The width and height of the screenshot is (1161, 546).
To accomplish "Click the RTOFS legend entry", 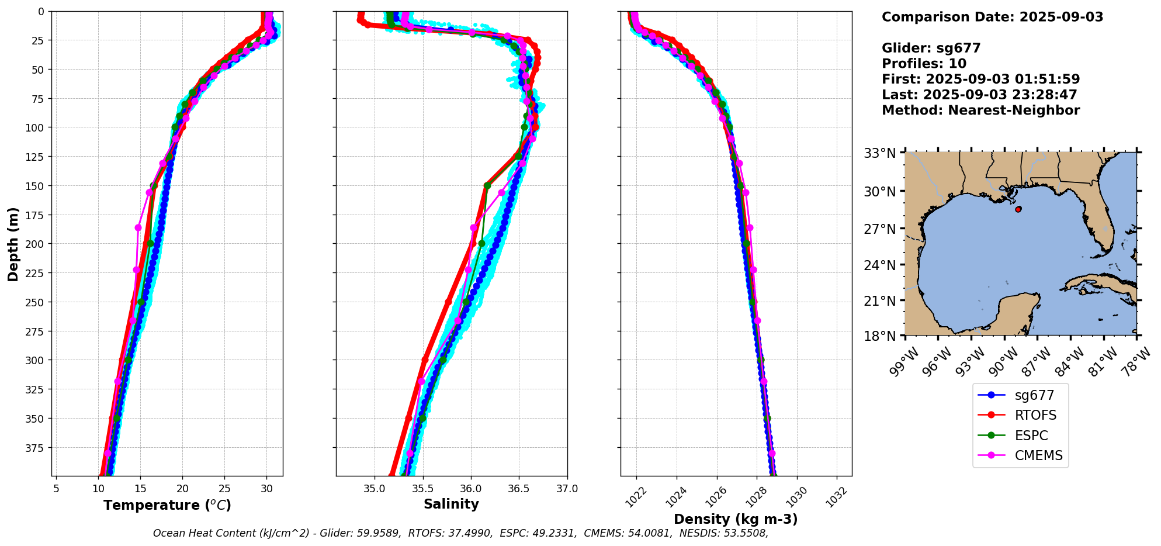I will [x=1035, y=415].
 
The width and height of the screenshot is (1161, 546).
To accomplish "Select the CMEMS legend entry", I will [x=1038, y=455].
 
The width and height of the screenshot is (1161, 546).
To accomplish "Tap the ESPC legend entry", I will [x=1031, y=436].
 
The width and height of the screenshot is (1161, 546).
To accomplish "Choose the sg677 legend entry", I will [x=1034, y=395].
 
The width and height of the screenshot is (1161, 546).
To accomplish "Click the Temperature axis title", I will [x=167, y=505].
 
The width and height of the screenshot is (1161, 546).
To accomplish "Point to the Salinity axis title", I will [x=451, y=504].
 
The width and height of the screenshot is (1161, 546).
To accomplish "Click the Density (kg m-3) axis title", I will [x=735, y=519].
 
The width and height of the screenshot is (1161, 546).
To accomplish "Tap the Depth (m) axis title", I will [x=13, y=244].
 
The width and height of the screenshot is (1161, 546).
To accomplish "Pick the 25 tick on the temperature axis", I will [x=225, y=489].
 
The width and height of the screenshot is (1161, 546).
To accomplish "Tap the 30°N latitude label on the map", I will [x=880, y=192].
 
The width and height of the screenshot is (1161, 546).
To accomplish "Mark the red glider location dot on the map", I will [x=1018, y=209].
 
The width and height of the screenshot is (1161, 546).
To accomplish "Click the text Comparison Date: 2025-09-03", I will [x=992, y=17].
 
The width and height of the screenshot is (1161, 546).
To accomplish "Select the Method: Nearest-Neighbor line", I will [x=980, y=110].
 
